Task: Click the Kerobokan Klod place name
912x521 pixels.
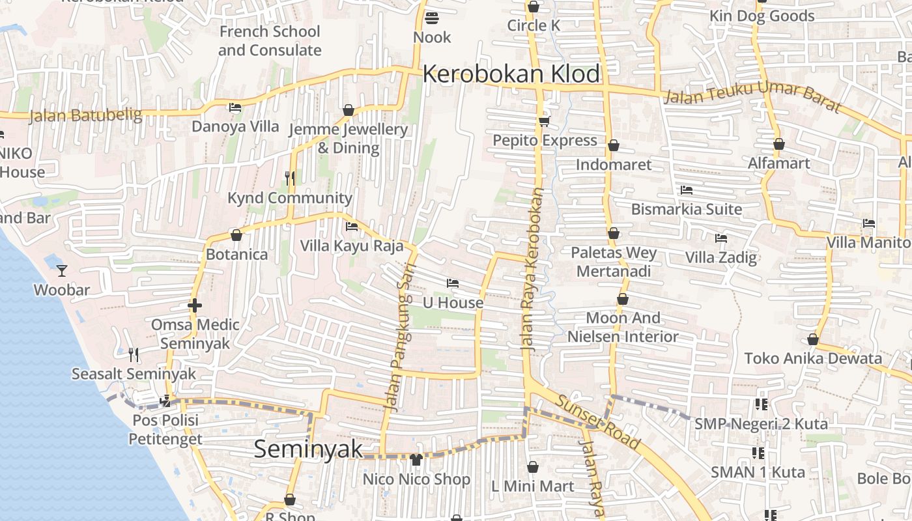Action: pos(511,74)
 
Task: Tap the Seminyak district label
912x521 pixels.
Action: pos(308,449)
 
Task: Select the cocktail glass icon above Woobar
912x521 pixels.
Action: pos(62,270)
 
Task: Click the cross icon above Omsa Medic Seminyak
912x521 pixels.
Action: pos(194,305)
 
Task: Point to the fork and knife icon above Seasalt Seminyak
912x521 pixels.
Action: pos(134,354)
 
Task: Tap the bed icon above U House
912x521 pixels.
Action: pos(453,283)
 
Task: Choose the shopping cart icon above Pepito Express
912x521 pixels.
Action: pos(545,121)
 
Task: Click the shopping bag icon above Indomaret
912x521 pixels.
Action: pos(613,145)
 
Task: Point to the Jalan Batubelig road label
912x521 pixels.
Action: pos(85,116)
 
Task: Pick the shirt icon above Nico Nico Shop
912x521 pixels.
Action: pos(416,460)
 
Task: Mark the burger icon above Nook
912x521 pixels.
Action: pos(432,18)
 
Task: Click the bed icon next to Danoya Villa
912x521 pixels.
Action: pos(235,107)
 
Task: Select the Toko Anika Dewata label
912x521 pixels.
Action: pos(813,358)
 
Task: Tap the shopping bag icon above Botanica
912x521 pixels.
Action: pos(236,235)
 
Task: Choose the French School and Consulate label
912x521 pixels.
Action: pos(270,40)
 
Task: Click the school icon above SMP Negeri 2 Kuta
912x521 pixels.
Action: pos(761,404)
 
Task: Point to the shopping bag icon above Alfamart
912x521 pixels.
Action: pos(779,144)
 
